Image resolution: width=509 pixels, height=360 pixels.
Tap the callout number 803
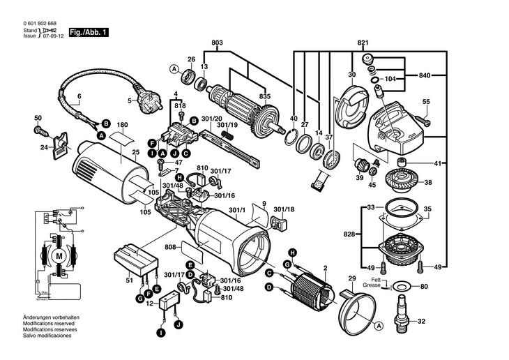coord(217,43)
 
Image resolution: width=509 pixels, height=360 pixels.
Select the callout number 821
coord(363,43)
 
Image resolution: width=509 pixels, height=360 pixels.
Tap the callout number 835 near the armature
coord(245,96)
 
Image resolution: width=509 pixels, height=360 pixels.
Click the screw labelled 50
coord(40,129)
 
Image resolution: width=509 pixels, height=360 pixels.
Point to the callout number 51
coord(128,280)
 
